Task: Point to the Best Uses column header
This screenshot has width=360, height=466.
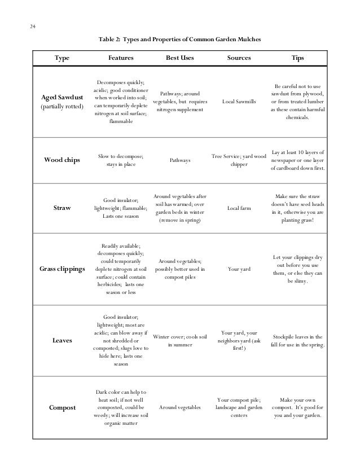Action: pos(179,58)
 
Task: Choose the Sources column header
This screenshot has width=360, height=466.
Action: pos(239,58)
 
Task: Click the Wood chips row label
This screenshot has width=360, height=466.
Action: pos(62,160)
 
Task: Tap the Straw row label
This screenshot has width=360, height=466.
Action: pos(62,208)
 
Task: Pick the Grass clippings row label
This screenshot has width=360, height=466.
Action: pos(62,269)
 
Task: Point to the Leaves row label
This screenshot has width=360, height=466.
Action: pos(62,341)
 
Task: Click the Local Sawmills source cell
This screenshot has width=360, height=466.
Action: pos(239,102)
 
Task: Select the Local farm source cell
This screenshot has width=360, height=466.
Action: pos(239,208)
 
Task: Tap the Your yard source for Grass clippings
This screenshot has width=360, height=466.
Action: pos(239,269)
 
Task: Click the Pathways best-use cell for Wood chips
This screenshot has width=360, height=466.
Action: pos(179,161)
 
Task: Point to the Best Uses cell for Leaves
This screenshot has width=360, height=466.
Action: pos(179,341)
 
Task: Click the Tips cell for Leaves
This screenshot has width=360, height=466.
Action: pos(297,341)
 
